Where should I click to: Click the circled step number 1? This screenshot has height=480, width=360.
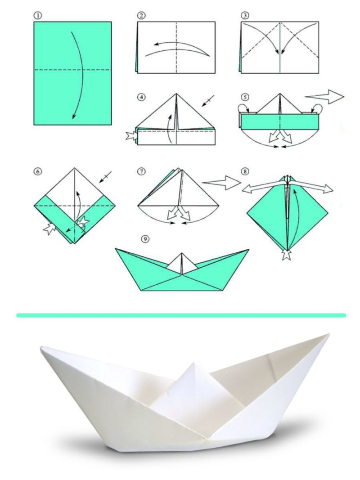[x=38, y=16]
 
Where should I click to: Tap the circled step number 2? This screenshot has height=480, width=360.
[x=141, y=16]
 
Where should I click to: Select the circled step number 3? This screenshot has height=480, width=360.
[x=245, y=16]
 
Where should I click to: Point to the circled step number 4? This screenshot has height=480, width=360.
[x=141, y=97]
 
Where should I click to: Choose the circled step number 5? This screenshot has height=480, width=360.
[x=245, y=97]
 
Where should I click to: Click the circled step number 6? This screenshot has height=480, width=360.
[x=38, y=171]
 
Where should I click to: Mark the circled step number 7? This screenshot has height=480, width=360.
[x=141, y=171]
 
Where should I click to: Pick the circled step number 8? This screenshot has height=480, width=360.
[x=245, y=171]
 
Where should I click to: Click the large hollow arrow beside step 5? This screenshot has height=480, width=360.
[x=325, y=97]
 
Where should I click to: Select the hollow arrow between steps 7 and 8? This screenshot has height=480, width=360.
[x=222, y=183]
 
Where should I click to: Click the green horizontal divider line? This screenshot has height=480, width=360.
[x=181, y=315]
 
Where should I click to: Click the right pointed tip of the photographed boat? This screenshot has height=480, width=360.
[x=328, y=334]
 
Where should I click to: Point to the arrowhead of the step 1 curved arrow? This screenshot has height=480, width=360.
[x=73, y=116]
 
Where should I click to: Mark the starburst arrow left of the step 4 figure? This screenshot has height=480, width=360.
[x=132, y=136]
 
